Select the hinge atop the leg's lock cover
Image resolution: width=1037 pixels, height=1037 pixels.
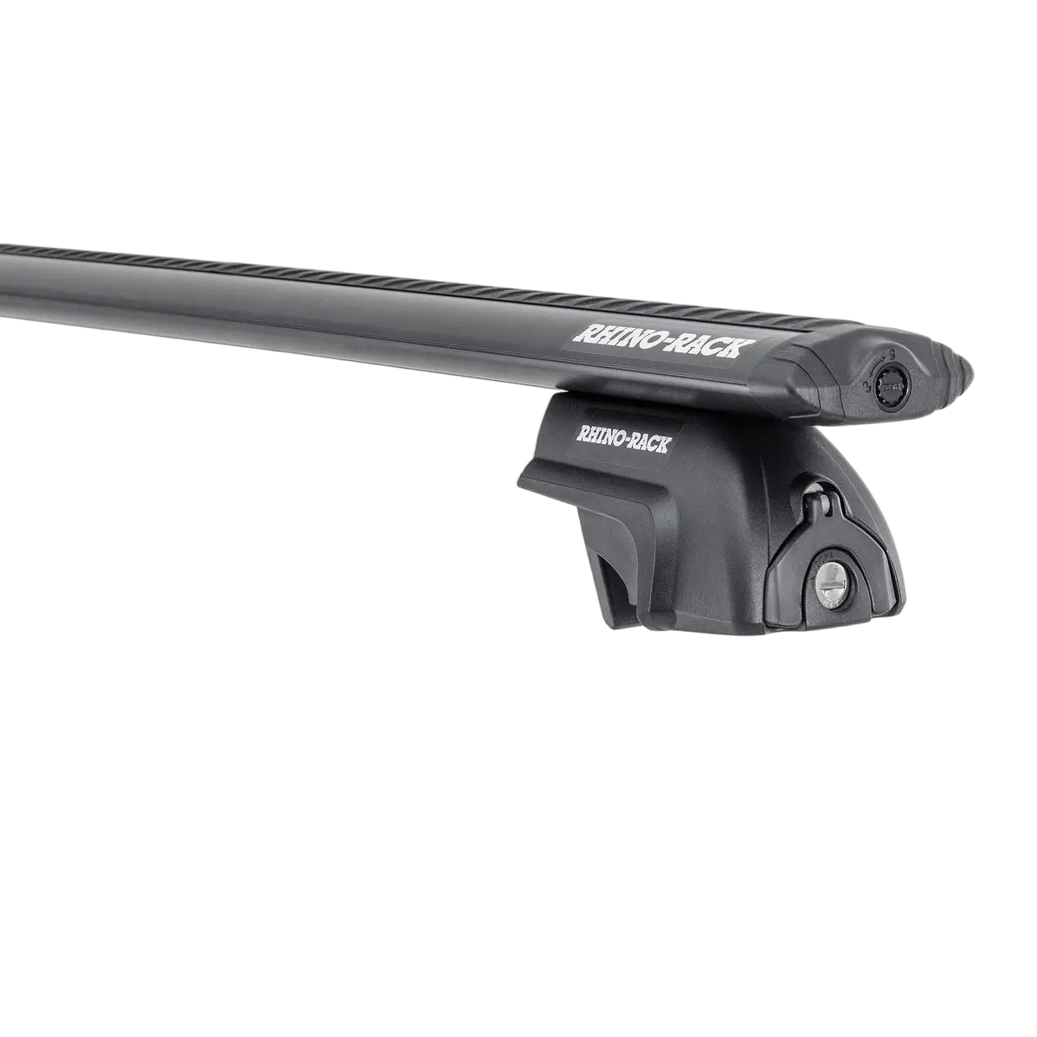(815, 502)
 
